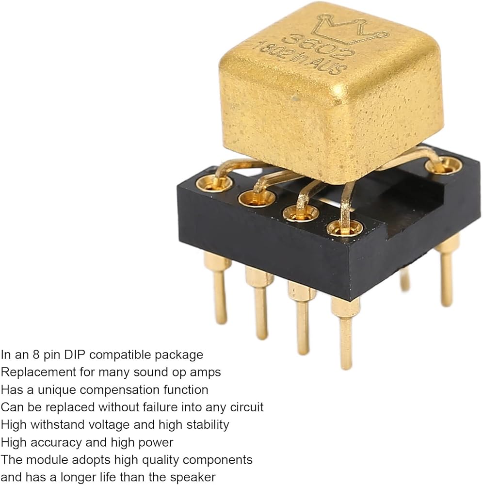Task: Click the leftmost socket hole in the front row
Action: click(x=214, y=183)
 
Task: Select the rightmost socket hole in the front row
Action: click(x=345, y=227)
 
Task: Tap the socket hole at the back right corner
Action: click(x=443, y=165)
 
